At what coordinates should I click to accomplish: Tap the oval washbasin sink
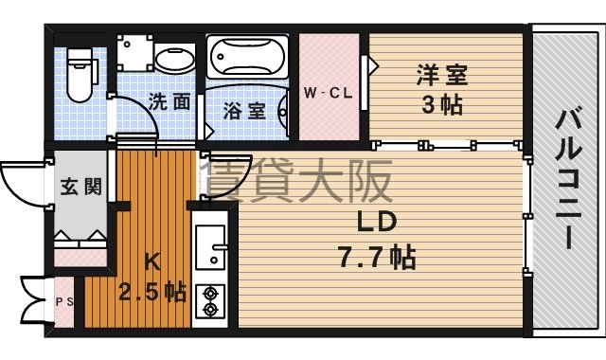pyautogui.click(x=175, y=59)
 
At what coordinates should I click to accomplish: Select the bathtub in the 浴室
pyautogui.click(x=247, y=57)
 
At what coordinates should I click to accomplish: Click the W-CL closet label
pyautogui.click(x=329, y=93)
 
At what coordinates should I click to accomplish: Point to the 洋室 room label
pyautogui.click(x=442, y=75)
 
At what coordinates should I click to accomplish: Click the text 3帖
pyautogui.click(x=442, y=104)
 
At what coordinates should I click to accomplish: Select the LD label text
pyautogui.click(x=377, y=222)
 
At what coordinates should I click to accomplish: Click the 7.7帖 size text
pyautogui.click(x=377, y=257)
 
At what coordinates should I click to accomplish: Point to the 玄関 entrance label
pyautogui.click(x=81, y=187)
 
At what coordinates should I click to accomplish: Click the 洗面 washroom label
pyautogui.click(x=169, y=101)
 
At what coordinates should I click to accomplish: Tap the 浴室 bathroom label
pyautogui.click(x=244, y=111)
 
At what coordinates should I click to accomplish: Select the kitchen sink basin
pyautogui.click(x=210, y=247)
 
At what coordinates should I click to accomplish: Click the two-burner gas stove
pyautogui.click(x=210, y=301)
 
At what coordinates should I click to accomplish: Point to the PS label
pyautogui.click(x=64, y=301)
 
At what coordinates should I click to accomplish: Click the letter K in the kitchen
pyautogui.click(x=151, y=263)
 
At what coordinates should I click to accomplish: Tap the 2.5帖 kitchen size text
pyautogui.click(x=151, y=293)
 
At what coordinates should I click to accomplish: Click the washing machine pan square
pyautogui.click(x=135, y=53)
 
